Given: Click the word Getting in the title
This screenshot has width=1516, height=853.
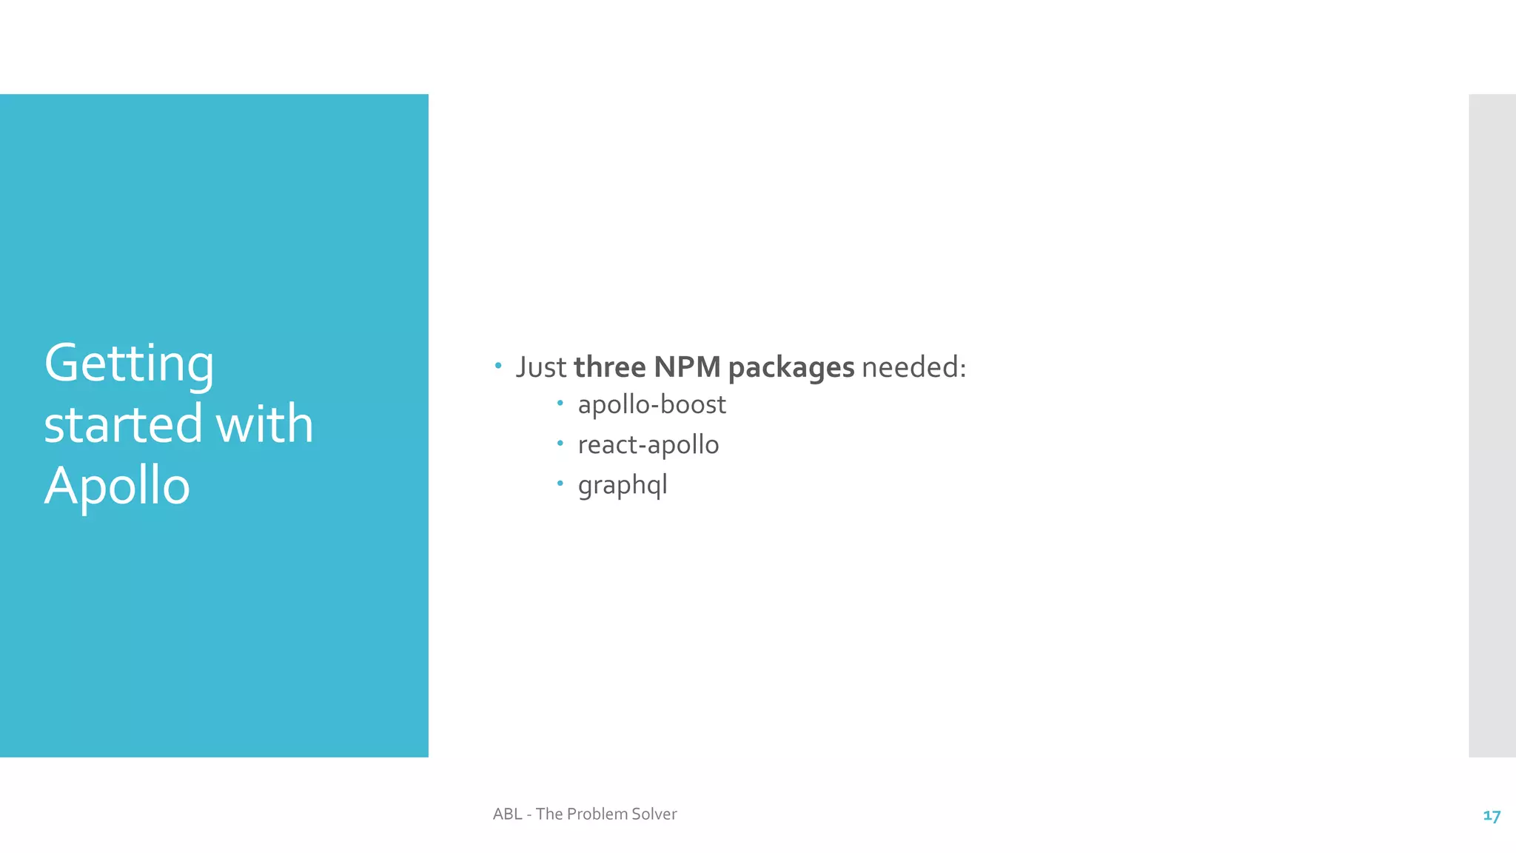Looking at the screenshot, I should (x=129, y=364).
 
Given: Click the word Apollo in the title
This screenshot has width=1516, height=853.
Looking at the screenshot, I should (x=117, y=486).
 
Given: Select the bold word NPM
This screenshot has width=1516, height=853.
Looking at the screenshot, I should (x=687, y=367).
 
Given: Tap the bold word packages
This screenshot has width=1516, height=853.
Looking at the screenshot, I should (x=791, y=368).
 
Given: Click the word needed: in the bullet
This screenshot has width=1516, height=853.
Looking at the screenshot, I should (x=914, y=367).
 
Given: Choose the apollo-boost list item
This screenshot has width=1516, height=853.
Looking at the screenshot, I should (x=651, y=405).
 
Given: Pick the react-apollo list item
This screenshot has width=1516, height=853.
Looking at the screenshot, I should (x=648, y=445).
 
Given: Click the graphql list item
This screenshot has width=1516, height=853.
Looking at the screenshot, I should (x=623, y=486).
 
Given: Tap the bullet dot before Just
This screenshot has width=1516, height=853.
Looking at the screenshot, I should (x=498, y=365).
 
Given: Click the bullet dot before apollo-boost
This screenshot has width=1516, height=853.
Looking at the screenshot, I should (x=560, y=404).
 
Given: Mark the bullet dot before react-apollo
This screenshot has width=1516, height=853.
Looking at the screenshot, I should (x=560, y=444).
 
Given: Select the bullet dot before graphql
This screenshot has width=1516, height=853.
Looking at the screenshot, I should (x=560, y=484).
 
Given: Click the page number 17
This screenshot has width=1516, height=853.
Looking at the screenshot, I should (x=1492, y=816).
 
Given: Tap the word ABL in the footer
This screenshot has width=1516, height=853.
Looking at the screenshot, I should (x=507, y=814).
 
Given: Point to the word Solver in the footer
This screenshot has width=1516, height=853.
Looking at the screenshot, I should (x=654, y=814).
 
